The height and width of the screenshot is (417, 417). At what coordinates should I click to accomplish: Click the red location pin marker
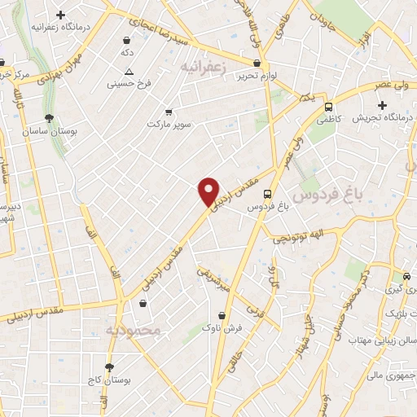coord(209,191)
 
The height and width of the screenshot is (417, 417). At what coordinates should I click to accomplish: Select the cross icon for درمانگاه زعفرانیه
coord(60,15)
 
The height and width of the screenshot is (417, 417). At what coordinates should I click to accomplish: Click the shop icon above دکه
coord(127,40)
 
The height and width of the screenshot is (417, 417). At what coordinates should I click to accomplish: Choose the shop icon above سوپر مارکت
coord(169,112)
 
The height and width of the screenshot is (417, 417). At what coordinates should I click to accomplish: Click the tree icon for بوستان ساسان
coord(50,119)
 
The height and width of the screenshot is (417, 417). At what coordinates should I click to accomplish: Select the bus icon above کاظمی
coord(328,107)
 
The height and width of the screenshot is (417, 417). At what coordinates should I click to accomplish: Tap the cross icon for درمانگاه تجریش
coord(382,105)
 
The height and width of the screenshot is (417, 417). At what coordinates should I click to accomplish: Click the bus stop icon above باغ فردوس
coord(267,193)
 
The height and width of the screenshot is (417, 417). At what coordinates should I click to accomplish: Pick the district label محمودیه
coord(129,330)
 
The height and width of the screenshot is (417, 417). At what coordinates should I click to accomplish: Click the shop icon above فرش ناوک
coord(222,315)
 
